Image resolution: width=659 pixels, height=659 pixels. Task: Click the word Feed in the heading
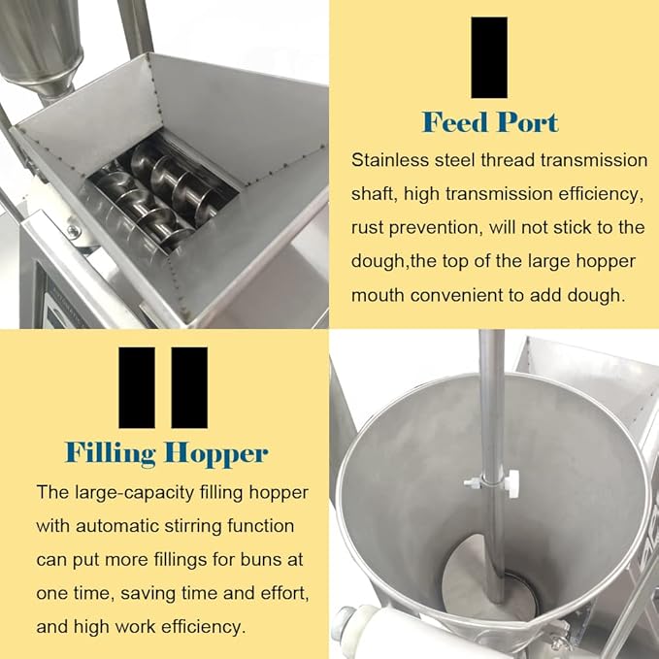tap(455, 122)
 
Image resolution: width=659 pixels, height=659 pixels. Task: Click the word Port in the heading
tap(527, 122)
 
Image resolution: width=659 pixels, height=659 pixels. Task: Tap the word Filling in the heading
tap(111, 454)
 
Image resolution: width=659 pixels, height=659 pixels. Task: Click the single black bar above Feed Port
tap(489, 57)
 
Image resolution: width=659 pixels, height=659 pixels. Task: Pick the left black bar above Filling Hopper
tap(137, 387)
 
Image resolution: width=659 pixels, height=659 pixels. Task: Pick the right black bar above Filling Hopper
tap(189, 387)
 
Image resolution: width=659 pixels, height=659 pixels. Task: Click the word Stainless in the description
tap(389, 160)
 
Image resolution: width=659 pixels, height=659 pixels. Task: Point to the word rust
tap(368, 228)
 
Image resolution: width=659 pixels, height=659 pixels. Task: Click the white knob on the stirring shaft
tap(512, 483)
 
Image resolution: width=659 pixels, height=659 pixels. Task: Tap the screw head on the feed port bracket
tap(74, 231)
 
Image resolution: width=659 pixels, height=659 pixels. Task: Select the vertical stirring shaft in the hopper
tap(494, 462)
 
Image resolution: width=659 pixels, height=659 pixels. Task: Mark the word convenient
tap(455, 295)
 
